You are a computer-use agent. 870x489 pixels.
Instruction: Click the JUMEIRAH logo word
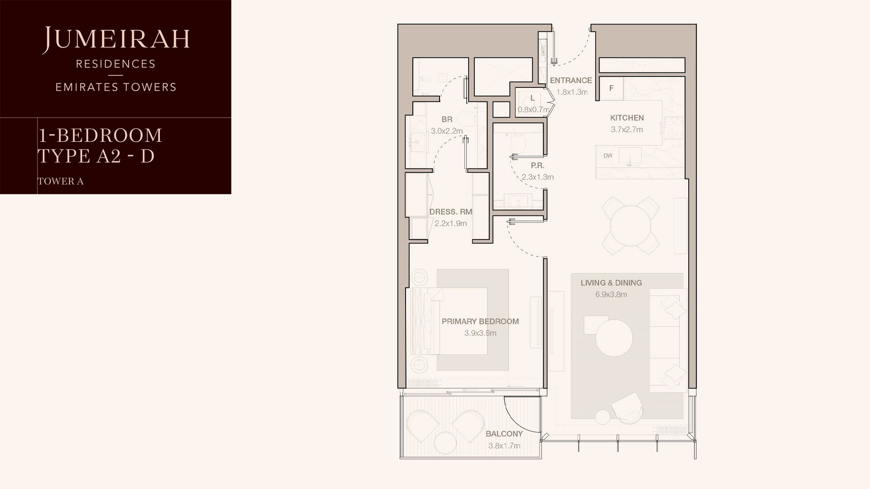[116, 39]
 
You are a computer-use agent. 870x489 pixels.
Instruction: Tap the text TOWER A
[61, 182]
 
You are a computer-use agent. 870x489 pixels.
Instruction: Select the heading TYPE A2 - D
[96, 156]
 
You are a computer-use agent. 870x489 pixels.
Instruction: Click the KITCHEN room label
[627, 118]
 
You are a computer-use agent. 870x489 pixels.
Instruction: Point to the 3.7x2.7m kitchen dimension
[627, 129]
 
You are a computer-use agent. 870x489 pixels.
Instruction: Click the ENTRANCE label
[570, 81]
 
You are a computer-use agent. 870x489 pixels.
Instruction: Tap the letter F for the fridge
[611, 88]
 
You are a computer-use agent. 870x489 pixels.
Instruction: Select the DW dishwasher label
[608, 156]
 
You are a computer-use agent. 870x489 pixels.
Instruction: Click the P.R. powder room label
[537, 166]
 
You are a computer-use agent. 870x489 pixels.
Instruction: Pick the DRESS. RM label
[450, 212]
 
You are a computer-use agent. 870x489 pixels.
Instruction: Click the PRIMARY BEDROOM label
[480, 321]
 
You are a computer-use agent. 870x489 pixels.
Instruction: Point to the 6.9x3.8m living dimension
[611, 295]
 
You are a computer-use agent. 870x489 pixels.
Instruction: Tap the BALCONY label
[504, 434]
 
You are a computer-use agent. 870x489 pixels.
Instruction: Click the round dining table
[630, 225]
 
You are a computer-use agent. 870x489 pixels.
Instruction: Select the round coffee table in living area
[614, 338]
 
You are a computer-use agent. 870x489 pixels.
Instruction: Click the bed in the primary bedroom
[453, 321]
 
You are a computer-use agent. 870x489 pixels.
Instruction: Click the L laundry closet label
[532, 98]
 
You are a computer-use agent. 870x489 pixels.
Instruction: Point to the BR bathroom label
[447, 120]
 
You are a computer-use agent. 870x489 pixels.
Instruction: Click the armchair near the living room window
[628, 407]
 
